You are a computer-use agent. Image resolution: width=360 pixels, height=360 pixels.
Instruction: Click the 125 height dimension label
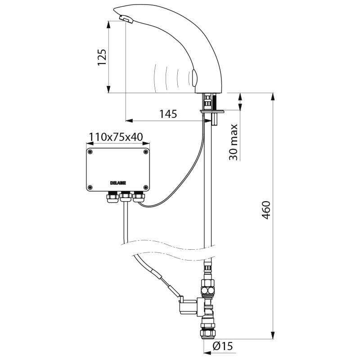tap(102, 57)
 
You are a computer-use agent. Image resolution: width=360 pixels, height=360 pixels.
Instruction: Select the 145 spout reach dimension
tap(168, 114)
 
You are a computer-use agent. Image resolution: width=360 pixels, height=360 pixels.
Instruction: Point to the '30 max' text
tap(233, 142)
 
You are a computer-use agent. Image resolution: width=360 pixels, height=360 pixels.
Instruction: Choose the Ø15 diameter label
tap(222, 346)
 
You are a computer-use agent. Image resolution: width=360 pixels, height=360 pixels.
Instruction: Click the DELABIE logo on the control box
tap(118, 183)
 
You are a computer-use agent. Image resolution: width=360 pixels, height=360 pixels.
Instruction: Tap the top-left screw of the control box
tap(90, 152)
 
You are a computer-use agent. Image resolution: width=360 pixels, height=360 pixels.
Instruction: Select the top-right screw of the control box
tap(145, 152)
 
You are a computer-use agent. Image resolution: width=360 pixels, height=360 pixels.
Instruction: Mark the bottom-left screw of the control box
tap(90, 187)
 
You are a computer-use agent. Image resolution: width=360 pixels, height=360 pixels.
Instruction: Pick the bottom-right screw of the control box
tap(145, 187)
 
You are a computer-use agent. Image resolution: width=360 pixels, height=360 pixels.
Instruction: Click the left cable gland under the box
tap(111, 197)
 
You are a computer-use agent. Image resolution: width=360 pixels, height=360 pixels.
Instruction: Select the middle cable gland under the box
tap(125, 197)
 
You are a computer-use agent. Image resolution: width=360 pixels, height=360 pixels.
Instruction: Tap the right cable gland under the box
tap(138, 197)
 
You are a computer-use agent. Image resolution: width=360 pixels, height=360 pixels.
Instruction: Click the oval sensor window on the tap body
tap(194, 77)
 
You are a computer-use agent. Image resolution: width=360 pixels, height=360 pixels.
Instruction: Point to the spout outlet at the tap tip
tap(126, 19)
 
